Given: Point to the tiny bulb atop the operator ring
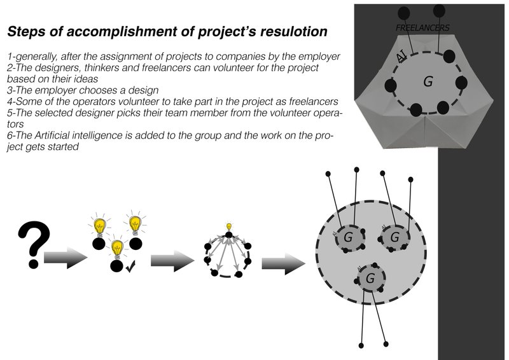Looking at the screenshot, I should tap(229, 227).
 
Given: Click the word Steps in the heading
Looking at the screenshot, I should tap(24, 31).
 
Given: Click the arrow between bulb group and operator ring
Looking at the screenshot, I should tap(172, 260).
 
